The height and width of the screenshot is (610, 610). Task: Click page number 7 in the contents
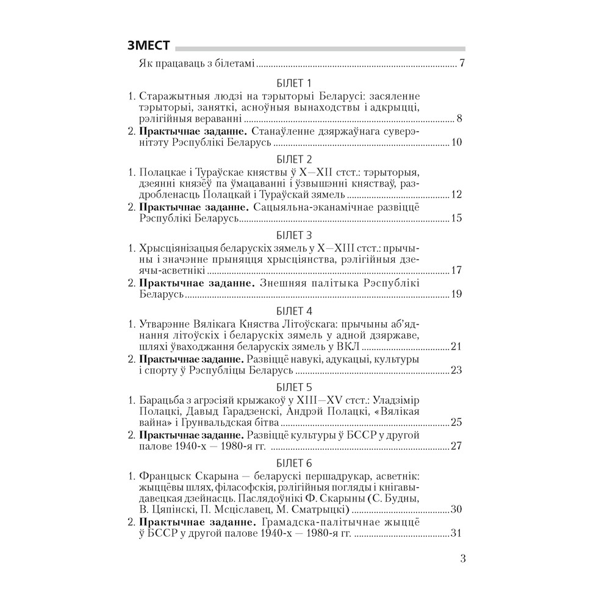tap(463, 63)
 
